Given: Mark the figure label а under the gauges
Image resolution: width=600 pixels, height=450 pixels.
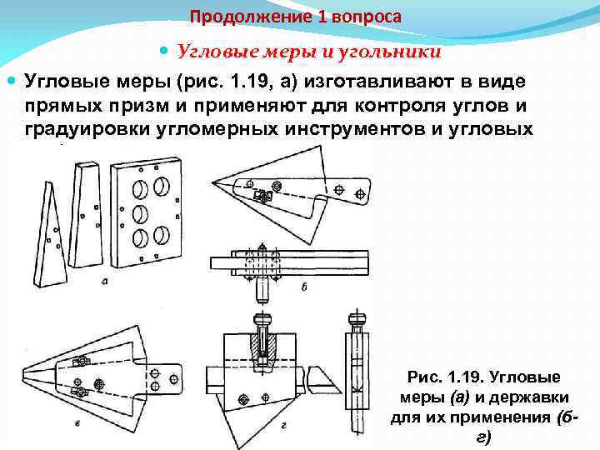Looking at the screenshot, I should pyautogui.click(x=105, y=281).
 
